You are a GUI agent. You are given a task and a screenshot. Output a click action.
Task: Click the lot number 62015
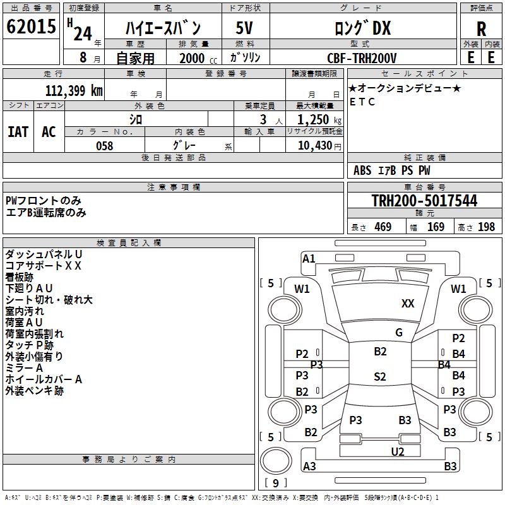click(31, 27)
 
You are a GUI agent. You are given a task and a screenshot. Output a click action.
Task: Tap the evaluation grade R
click(481, 28)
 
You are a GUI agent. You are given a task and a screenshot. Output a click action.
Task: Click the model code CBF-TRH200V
click(362, 58)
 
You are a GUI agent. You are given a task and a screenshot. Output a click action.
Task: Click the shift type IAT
click(18, 131)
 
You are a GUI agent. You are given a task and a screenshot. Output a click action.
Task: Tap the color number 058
click(104, 146)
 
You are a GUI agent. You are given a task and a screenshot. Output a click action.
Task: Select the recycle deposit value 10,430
click(313, 146)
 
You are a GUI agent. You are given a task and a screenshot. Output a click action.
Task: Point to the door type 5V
click(245, 28)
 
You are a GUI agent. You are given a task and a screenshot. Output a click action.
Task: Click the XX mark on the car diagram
click(408, 304)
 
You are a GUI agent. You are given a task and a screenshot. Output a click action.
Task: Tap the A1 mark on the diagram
click(309, 258)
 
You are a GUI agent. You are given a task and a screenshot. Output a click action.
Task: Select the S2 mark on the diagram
click(379, 377)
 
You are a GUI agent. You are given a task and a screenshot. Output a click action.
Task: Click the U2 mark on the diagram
click(398, 451)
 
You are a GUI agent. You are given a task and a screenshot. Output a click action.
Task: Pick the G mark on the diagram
click(399, 332)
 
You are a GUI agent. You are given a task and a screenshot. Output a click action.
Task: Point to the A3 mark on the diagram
click(309, 466)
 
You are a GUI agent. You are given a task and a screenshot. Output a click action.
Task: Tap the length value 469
click(383, 227)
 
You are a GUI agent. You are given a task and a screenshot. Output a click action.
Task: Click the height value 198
click(486, 227)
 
